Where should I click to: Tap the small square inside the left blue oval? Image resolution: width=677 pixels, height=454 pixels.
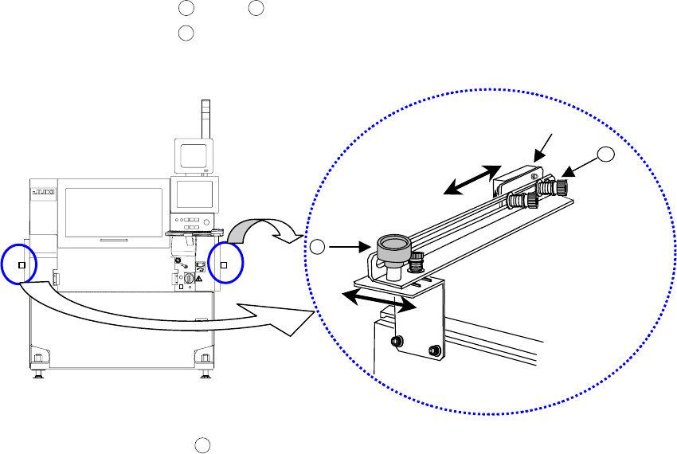click(x=22, y=265)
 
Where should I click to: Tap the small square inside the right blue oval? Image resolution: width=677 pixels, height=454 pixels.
click(x=224, y=265)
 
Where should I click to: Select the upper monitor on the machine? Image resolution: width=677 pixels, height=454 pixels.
click(x=194, y=155)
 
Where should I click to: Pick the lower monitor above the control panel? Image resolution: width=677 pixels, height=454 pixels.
click(x=196, y=194)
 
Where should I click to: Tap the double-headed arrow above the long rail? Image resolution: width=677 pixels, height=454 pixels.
click(x=472, y=179)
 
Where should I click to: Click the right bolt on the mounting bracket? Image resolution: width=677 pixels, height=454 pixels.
click(x=432, y=350)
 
